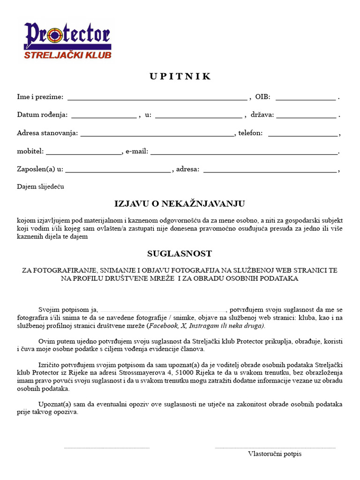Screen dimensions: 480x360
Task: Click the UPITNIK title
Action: [180, 76]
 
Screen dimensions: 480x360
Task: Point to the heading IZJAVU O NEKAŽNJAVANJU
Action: [180, 204]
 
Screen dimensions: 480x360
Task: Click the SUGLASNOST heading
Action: [180, 254]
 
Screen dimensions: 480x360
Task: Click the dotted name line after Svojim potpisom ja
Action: [163, 310]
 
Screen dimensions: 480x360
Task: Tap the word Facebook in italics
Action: [163, 326]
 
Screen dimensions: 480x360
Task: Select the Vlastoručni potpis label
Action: [275, 454]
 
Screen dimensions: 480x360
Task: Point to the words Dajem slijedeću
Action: [40, 187]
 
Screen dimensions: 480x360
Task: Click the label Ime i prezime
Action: [40, 97]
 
